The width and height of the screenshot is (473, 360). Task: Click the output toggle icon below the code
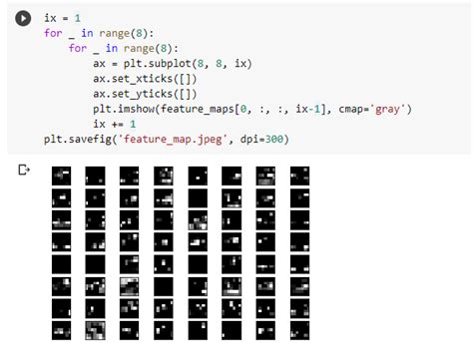[x=22, y=171]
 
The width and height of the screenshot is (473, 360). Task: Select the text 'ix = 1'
[x=62, y=19]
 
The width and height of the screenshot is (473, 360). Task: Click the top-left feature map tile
[x=61, y=176]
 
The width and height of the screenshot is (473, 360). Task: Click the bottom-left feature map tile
[x=61, y=329]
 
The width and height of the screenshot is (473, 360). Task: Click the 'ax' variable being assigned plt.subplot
[x=100, y=62]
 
